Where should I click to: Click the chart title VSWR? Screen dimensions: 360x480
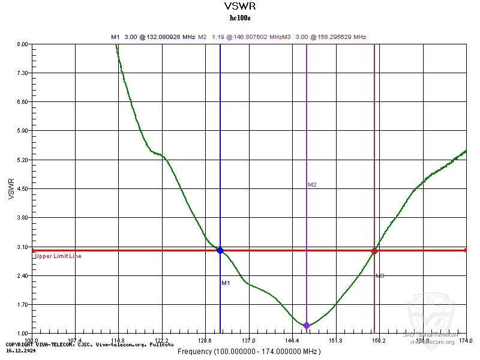pos(240,7)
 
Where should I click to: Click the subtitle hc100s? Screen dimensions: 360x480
pos(240,18)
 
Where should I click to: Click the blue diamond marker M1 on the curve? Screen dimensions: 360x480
pos(220,250)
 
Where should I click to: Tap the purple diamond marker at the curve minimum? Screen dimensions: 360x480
pos(307,325)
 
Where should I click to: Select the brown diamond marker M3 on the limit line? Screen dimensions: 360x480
pos(374,251)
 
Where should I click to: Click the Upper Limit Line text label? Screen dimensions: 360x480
pos(58,256)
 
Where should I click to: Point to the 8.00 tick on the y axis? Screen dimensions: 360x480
pos(22,44)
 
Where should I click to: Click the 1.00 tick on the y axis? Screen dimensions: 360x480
pos(22,333)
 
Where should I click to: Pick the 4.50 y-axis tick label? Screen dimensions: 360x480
pos(22,188)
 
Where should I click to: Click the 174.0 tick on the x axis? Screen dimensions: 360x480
pos(466,341)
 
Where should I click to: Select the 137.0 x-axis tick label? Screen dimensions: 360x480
pos(249,341)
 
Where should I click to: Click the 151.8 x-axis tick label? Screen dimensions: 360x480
pos(336,341)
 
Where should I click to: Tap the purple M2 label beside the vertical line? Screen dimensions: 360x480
pos(312,185)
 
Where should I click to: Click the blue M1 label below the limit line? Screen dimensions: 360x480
pos(226,283)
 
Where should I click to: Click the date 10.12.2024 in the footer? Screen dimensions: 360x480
pos(19,349)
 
